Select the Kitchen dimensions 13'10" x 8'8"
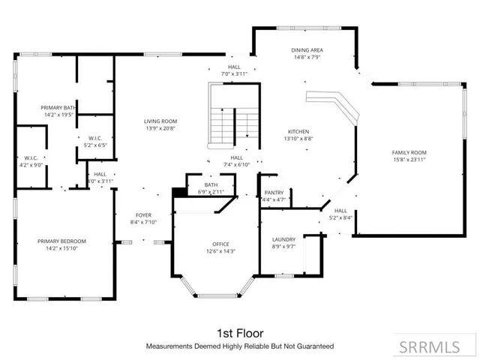click(298, 138)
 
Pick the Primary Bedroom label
click(62, 241)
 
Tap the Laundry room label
click(283, 238)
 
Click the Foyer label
click(143, 214)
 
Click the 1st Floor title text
click(239, 332)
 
